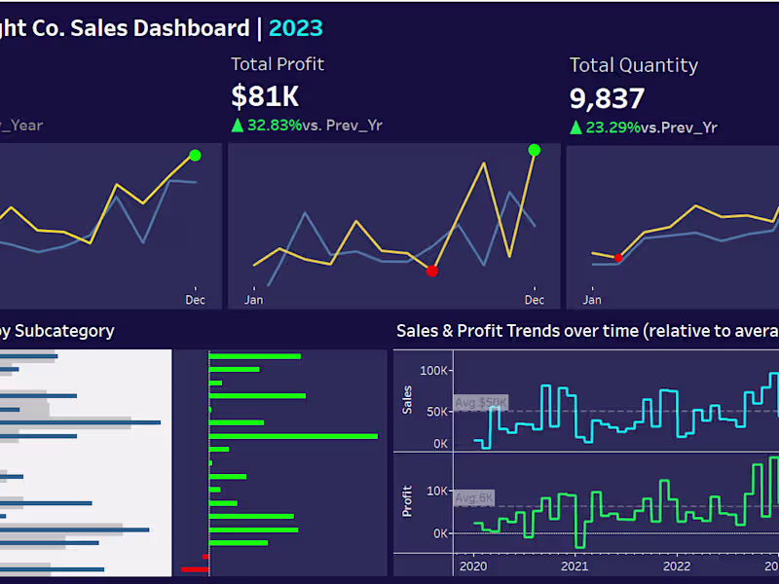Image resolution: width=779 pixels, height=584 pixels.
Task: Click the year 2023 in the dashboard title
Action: (x=295, y=28)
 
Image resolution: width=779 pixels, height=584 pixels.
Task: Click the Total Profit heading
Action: (x=278, y=64)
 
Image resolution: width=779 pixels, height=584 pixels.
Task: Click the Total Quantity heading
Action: (x=633, y=65)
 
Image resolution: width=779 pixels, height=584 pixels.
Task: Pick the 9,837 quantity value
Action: (x=607, y=97)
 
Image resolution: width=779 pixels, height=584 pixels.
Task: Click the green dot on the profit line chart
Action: (x=534, y=150)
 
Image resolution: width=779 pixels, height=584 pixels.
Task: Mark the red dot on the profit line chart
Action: (x=432, y=271)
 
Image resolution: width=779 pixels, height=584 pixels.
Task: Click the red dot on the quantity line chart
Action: (x=617, y=257)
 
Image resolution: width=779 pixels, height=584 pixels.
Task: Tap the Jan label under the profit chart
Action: (x=254, y=299)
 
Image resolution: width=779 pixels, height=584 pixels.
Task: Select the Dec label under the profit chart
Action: (x=534, y=299)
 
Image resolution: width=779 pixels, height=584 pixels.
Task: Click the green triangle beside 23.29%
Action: (x=575, y=127)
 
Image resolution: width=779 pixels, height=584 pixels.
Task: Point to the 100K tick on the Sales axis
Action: (x=434, y=371)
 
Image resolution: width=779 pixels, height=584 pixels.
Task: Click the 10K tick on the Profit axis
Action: (x=436, y=492)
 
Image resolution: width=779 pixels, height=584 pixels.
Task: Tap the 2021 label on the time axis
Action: (x=575, y=566)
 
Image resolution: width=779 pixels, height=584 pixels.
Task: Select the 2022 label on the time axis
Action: (x=677, y=566)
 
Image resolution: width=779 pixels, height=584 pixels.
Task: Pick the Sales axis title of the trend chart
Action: (x=408, y=399)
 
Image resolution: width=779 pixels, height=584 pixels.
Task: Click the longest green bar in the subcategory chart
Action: (x=293, y=436)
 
